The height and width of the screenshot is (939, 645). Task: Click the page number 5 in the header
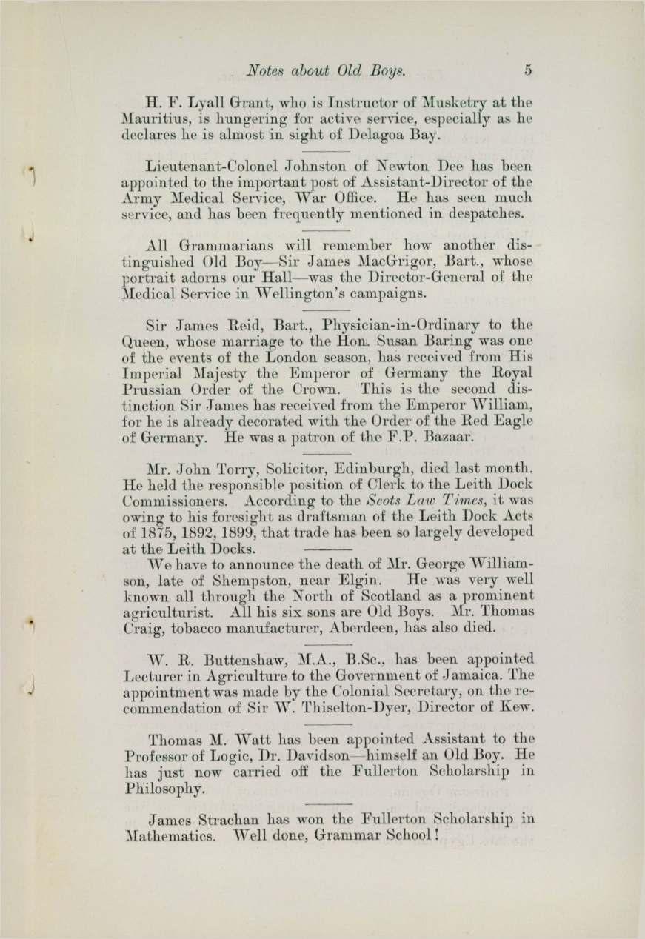(528, 70)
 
